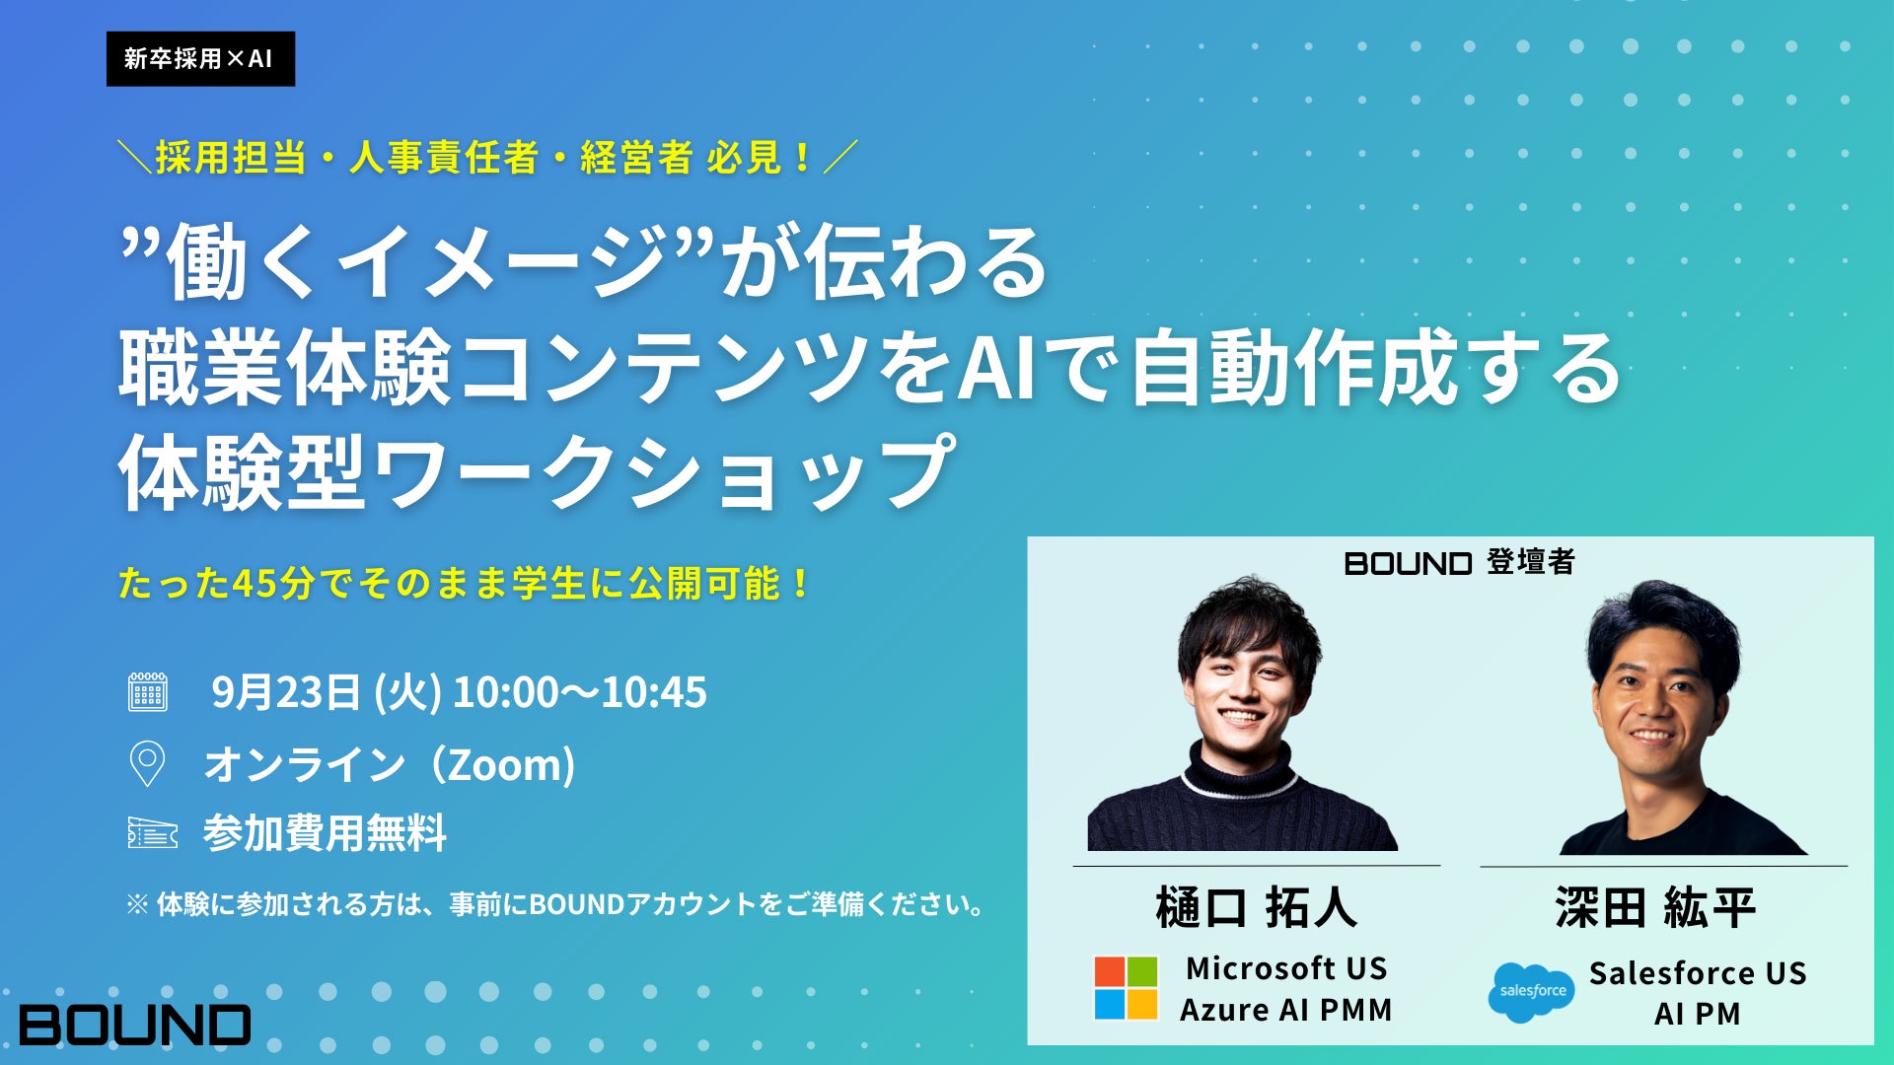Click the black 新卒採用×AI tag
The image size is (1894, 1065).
(200, 58)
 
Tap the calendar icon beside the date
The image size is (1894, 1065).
(148, 692)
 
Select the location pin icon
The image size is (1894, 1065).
(147, 763)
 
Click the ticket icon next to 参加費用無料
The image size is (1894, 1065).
(153, 833)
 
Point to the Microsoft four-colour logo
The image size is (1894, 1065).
(1126, 988)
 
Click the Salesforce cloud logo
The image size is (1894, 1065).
(1531, 992)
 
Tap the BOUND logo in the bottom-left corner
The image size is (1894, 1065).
(135, 1025)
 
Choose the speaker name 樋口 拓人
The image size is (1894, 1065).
(1257, 908)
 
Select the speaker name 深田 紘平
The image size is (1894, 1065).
(1656, 908)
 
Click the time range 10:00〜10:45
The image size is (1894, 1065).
(579, 692)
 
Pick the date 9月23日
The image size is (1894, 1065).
(286, 692)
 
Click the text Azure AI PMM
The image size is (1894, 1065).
(1286, 1010)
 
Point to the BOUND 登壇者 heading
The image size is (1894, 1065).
(1460, 562)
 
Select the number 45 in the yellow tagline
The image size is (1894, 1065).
(255, 584)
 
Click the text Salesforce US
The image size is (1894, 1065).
(1698, 973)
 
